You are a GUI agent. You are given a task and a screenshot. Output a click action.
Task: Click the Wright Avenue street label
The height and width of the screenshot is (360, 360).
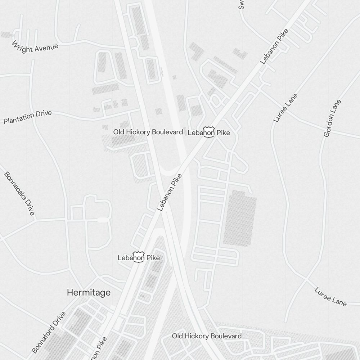35,47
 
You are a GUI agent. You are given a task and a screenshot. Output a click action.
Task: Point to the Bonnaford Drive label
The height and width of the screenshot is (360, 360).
49,332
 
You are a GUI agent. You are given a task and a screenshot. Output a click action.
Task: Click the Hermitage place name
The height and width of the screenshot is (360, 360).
89,293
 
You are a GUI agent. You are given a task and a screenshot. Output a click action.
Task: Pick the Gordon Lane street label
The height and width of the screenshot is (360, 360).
332,118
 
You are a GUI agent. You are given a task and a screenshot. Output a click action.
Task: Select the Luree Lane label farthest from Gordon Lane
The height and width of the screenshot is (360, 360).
330,297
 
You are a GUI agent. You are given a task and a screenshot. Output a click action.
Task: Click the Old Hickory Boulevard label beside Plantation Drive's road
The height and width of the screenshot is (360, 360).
148,132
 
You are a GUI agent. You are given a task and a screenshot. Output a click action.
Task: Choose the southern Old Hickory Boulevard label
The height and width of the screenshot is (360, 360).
207,336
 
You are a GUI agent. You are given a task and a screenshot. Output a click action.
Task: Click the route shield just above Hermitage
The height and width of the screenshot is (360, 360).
139,257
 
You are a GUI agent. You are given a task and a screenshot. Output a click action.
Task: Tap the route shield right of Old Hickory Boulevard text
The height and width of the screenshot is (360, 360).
209,132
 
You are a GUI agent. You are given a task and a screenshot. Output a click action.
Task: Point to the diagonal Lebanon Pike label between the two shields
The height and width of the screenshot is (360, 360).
170,193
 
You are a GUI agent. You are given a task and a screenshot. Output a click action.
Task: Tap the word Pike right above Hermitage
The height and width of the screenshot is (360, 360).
152,258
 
